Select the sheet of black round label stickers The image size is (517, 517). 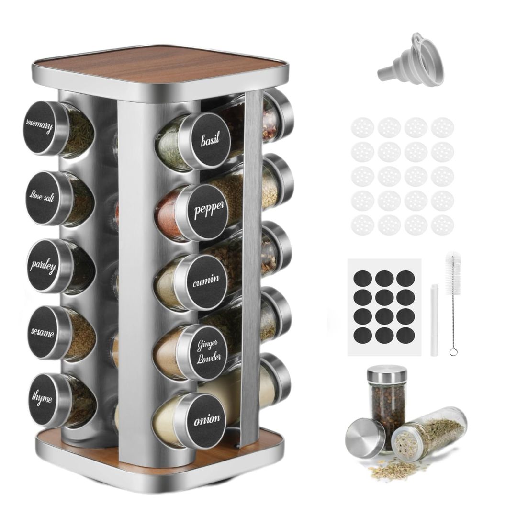click(x=384, y=306)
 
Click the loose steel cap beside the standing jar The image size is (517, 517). click(x=365, y=437)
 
